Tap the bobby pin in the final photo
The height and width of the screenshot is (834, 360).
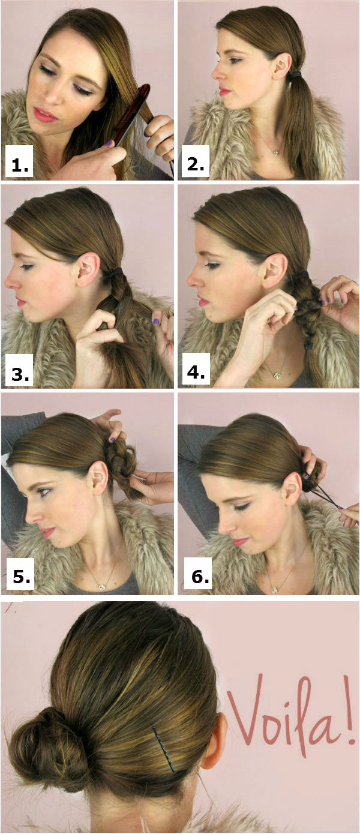click(x=163, y=748)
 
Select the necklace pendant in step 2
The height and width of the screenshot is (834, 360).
click(x=275, y=152)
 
